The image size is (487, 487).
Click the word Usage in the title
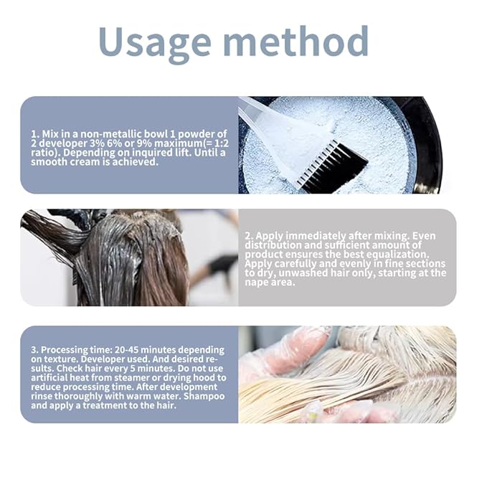click(x=155, y=44)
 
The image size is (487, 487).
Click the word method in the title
click(x=296, y=41)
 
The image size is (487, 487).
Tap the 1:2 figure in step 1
click(x=220, y=143)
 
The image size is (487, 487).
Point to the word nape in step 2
click(x=255, y=283)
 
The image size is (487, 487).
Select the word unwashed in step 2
click(x=300, y=273)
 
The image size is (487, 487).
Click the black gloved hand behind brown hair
click(x=222, y=265)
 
